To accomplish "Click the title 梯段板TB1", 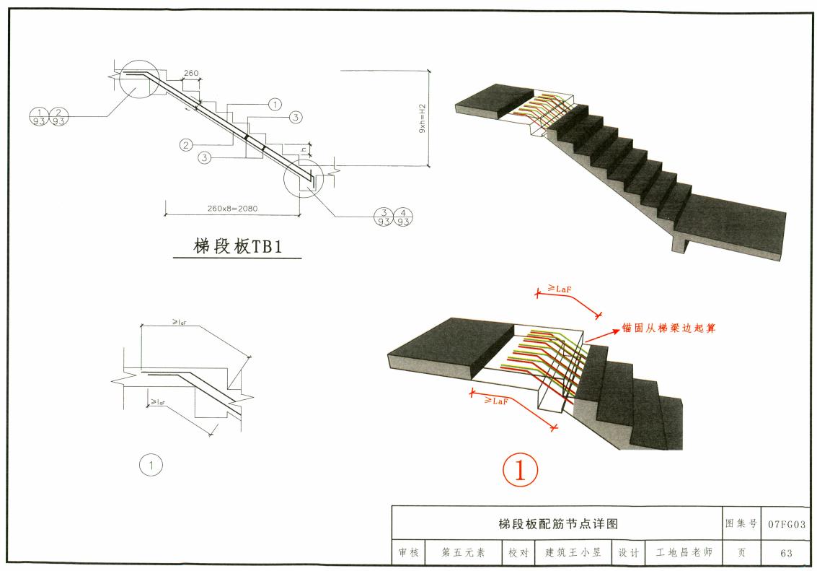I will (x=237, y=246).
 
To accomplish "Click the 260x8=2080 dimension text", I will (x=232, y=209).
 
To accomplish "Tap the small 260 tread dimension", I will (x=191, y=74).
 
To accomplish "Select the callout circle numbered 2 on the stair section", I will (x=186, y=145).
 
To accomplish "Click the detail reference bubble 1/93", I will (x=39, y=116).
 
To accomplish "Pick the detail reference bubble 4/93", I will (x=404, y=217).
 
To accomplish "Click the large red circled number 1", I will (x=520, y=471).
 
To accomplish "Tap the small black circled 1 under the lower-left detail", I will (x=151, y=466).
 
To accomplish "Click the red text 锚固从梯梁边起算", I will (x=670, y=328).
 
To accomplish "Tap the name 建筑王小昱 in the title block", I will (x=573, y=554).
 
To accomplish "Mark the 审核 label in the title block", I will (x=408, y=554).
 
